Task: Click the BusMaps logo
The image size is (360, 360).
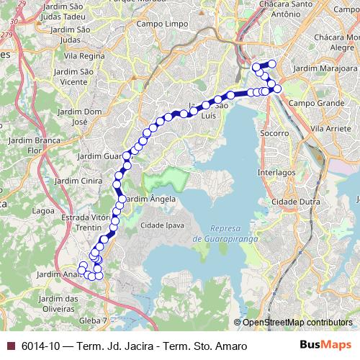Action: coord(325,346)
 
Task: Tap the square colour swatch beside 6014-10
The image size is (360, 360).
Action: coord(10,346)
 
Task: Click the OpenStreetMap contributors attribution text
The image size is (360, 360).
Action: coord(297,323)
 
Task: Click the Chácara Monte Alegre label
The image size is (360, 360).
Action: coord(336,41)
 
